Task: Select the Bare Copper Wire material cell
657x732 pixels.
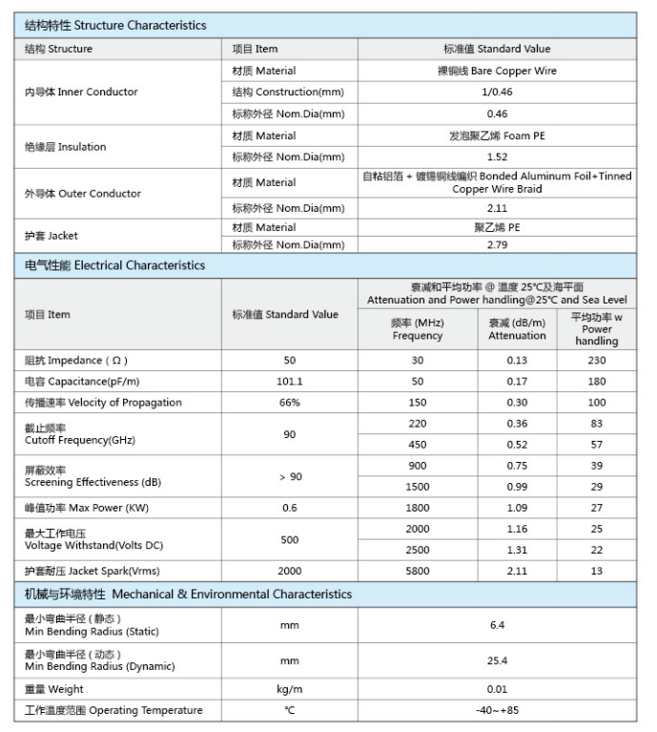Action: click(x=496, y=71)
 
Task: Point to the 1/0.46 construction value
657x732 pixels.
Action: click(x=496, y=93)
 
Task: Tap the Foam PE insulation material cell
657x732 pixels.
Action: click(x=496, y=136)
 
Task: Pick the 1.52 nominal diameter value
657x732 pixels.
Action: click(x=496, y=157)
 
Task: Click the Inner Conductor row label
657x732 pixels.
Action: click(x=81, y=93)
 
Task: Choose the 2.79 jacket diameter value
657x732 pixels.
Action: click(x=496, y=244)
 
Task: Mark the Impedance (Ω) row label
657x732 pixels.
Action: click(x=75, y=361)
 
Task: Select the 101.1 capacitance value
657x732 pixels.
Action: click(x=290, y=382)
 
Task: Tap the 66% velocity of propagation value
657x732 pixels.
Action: click(x=290, y=403)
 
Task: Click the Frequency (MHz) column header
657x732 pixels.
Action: click(x=418, y=329)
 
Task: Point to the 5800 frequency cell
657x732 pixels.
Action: click(x=418, y=572)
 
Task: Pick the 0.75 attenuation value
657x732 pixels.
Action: click(x=517, y=466)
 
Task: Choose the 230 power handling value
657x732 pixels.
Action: click(x=597, y=361)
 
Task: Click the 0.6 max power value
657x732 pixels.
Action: click(x=290, y=509)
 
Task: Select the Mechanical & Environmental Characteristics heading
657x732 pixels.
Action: click(x=188, y=594)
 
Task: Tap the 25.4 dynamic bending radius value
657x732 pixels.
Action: click(x=496, y=660)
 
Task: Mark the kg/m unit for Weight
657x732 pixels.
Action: click(x=290, y=689)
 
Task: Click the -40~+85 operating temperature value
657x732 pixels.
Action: click(x=496, y=710)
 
